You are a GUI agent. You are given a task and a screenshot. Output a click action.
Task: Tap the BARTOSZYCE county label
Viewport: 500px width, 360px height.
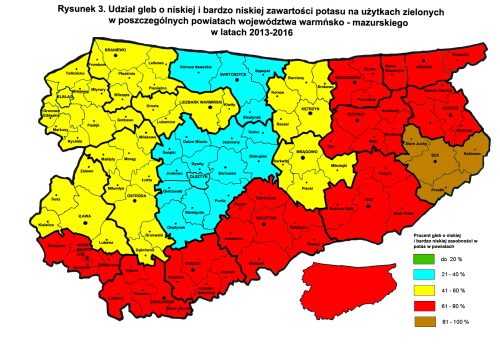click(x=232, y=72)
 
